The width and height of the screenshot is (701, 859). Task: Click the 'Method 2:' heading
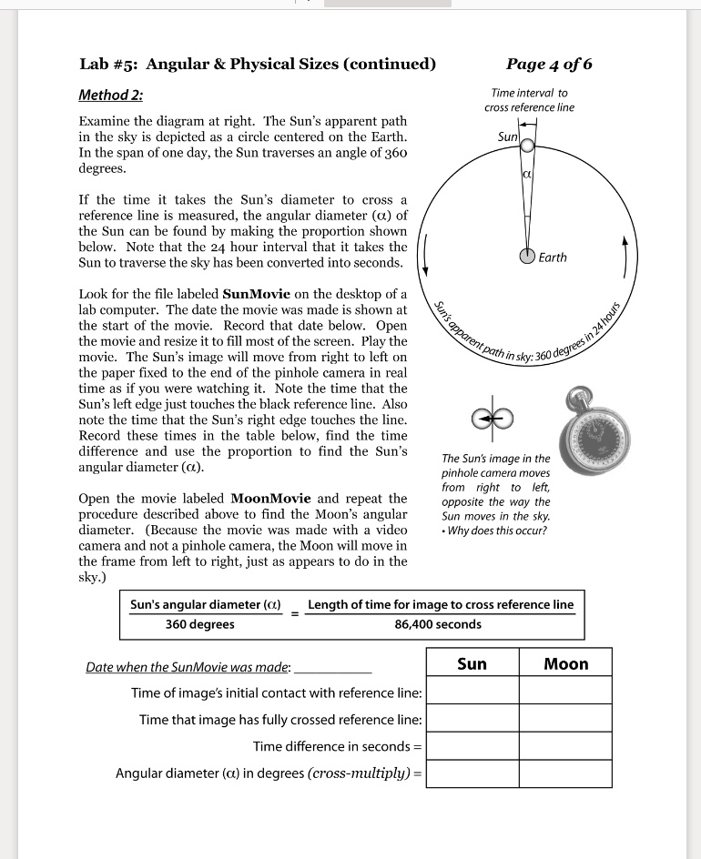pos(111,96)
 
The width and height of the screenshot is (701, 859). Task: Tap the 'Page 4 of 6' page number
pos(549,64)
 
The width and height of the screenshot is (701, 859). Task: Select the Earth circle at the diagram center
pos(526,257)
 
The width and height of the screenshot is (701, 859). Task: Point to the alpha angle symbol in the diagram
pos(526,171)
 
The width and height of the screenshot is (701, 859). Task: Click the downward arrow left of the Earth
pos(426,258)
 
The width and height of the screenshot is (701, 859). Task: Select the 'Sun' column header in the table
pos(472,663)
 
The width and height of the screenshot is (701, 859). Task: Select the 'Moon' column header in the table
pos(565,663)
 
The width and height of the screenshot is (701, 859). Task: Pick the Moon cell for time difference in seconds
pos(565,746)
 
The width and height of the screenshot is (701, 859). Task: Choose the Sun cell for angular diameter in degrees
pos(472,773)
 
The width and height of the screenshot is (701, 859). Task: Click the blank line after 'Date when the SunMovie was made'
pos(333,668)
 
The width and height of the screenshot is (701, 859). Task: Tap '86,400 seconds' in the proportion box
pos(438,624)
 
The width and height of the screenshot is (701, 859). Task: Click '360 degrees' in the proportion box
pos(199,624)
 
